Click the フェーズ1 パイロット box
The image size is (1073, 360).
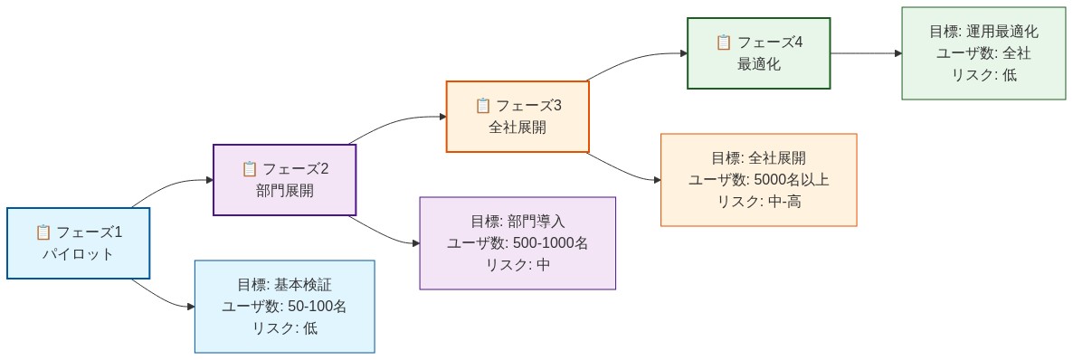[x=78, y=242]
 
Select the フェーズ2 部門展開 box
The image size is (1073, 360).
[x=284, y=179]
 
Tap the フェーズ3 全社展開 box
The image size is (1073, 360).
[x=518, y=116]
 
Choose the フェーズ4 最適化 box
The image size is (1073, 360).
[x=758, y=52]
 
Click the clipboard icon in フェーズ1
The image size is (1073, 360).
[x=43, y=232]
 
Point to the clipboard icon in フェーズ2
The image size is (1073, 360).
[x=250, y=168]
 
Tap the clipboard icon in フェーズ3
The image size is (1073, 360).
[x=483, y=105]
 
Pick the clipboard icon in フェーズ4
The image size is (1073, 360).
[x=724, y=42]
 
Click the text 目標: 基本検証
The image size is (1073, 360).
[x=284, y=285]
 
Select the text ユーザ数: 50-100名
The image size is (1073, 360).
[x=284, y=307]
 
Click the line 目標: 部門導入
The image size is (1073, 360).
[x=518, y=222]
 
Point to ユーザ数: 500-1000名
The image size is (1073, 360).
[x=518, y=243]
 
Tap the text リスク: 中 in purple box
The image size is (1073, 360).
[x=518, y=265]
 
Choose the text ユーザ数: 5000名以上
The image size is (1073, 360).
[x=758, y=180]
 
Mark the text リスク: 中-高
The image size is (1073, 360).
[x=758, y=202]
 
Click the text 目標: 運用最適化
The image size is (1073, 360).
[x=983, y=32]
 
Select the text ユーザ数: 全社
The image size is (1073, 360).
[x=983, y=53]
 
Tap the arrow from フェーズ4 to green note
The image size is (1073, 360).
[x=866, y=53]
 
